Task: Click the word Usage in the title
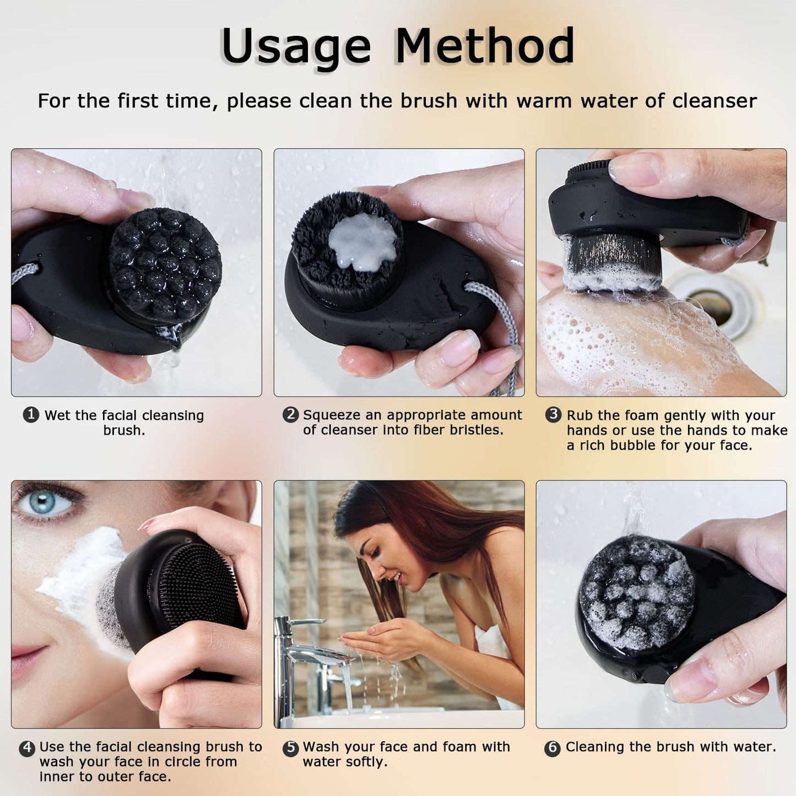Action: [296, 47]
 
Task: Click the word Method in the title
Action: [485, 46]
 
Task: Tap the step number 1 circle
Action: [31, 414]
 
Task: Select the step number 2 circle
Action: [290, 414]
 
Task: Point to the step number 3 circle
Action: [553, 414]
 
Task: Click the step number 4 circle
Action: [27, 748]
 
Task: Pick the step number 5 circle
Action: [290, 748]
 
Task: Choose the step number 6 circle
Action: [552, 748]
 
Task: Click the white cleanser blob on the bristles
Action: [362, 242]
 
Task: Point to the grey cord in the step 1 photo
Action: [25, 272]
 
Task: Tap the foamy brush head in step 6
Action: [636, 592]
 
